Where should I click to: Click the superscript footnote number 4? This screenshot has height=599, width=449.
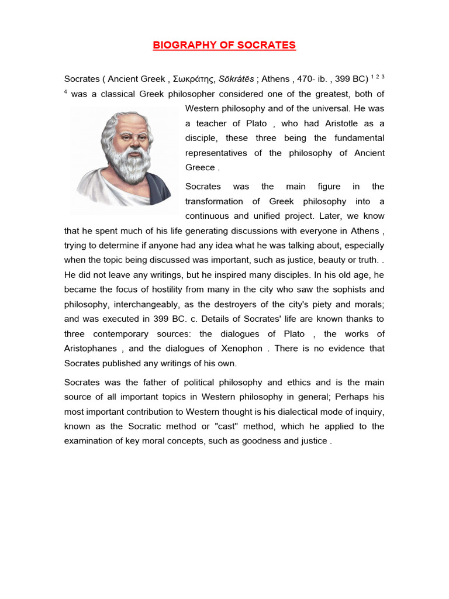[66, 92]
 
